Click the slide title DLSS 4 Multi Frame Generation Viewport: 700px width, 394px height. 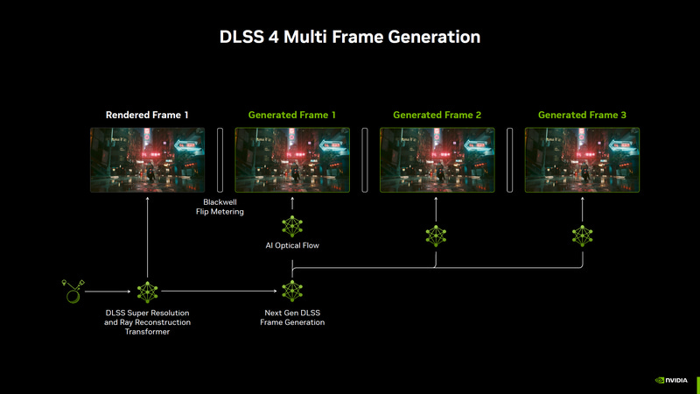[349, 38]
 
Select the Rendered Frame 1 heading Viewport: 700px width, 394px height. [147, 115]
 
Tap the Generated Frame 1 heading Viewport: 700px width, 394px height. [292, 115]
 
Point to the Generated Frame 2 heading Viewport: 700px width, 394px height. [437, 115]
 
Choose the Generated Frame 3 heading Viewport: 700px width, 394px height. [582, 115]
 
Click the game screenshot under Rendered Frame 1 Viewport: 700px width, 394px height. [147, 160]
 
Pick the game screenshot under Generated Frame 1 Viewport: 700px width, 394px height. [292, 160]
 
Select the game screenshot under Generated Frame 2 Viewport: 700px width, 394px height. [437, 160]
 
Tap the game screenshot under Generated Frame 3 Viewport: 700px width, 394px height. [582, 160]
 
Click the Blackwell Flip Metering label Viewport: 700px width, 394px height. [220, 207]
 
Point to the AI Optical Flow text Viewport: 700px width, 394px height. [292, 246]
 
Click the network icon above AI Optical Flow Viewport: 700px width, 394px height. [292, 226]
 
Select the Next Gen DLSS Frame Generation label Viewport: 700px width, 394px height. [292, 317]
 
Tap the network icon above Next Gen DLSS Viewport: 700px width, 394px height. [292, 291]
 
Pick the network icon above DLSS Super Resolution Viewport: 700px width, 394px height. [147, 291]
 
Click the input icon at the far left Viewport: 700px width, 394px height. [73, 290]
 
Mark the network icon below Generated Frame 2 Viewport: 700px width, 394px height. [436, 235]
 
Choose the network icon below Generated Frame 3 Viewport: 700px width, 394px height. [582, 235]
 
